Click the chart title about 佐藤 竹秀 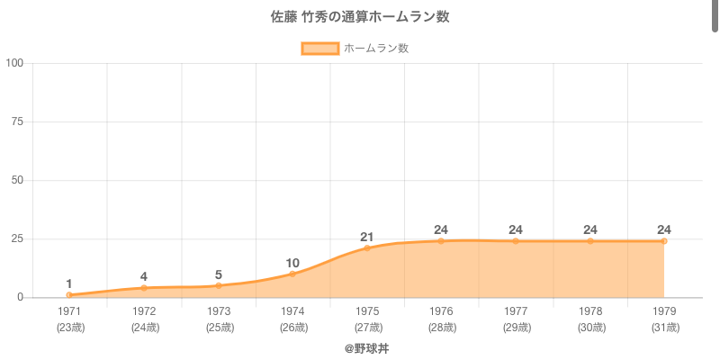tap(360, 17)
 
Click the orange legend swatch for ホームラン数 tap(319, 49)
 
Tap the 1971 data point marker tap(69, 295)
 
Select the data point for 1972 tap(144, 288)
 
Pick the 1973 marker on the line tap(219, 285)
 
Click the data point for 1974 tap(292, 274)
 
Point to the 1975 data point tap(367, 247)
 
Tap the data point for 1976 tap(441, 241)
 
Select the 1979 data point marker tap(664, 241)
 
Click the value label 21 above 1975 tap(367, 237)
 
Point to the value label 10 tap(292, 263)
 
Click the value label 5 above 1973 tap(219, 274)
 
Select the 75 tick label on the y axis tap(17, 121)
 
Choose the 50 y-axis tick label tap(17, 180)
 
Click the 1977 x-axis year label tap(516, 311)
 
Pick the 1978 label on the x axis tap(590, 311)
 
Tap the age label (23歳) tap(69, 328)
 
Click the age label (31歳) tap(664, 328)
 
